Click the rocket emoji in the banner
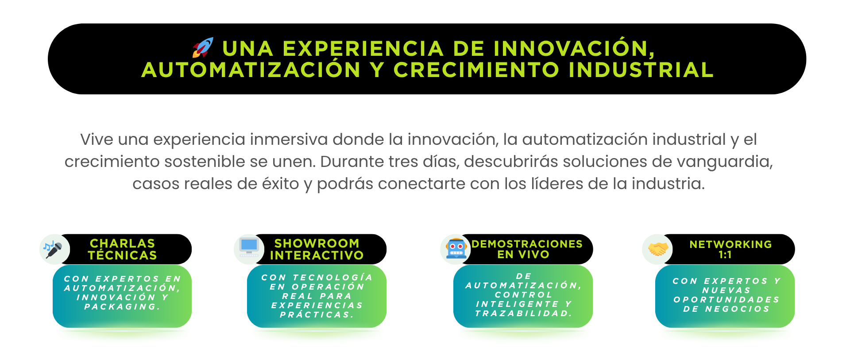coord(203,48)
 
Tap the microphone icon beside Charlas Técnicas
coord(53,249)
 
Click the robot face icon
coord(456,248)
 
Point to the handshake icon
coord(658,249)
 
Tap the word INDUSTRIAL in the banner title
coord(641,70)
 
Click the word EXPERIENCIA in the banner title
coord(363,49)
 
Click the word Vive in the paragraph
coord(97,139)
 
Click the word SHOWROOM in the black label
coord(317,244)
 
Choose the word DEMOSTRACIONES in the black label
coord(527,244)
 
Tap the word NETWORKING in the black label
coord(730,244)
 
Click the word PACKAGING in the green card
coord(122,306)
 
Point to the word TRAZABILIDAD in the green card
coord(523,313)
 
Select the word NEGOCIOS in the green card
coord(737,309)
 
